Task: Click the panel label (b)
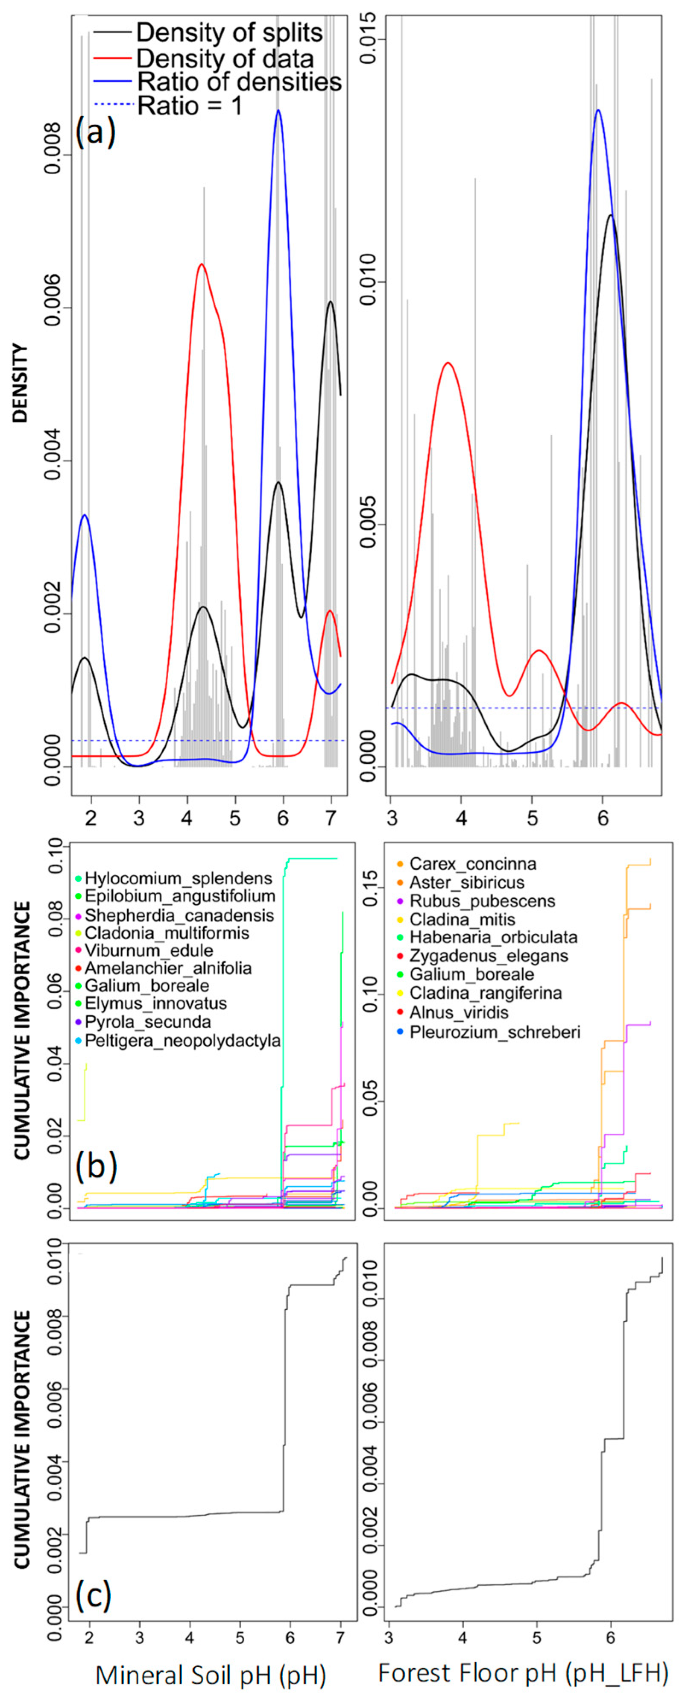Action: [97, 1167]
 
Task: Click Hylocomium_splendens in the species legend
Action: [178, 878]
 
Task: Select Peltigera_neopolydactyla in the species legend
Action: [182, 1041]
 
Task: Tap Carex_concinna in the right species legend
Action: [472, 864]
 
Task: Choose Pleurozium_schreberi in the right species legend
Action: [495, 1032]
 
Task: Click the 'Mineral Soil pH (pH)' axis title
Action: [211, 1675]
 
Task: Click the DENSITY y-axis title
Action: [22, 383]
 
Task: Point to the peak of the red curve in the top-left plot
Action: [202, 264]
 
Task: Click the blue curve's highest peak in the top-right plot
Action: [598, 111]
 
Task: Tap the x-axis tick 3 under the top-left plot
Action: [139, 818]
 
